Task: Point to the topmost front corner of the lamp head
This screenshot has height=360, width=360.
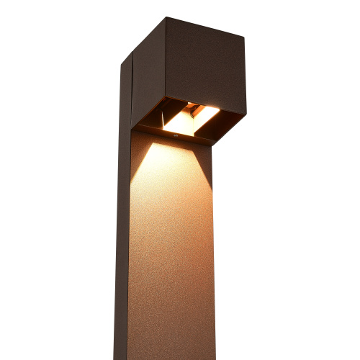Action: [x=167, y=18]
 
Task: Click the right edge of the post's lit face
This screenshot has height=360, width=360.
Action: [x=214, y=252]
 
